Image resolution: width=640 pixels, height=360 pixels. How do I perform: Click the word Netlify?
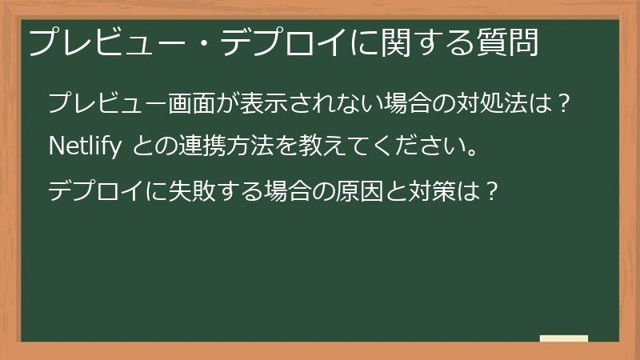pos(84,147)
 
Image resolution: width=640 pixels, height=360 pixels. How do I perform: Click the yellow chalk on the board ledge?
pos(564,338)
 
